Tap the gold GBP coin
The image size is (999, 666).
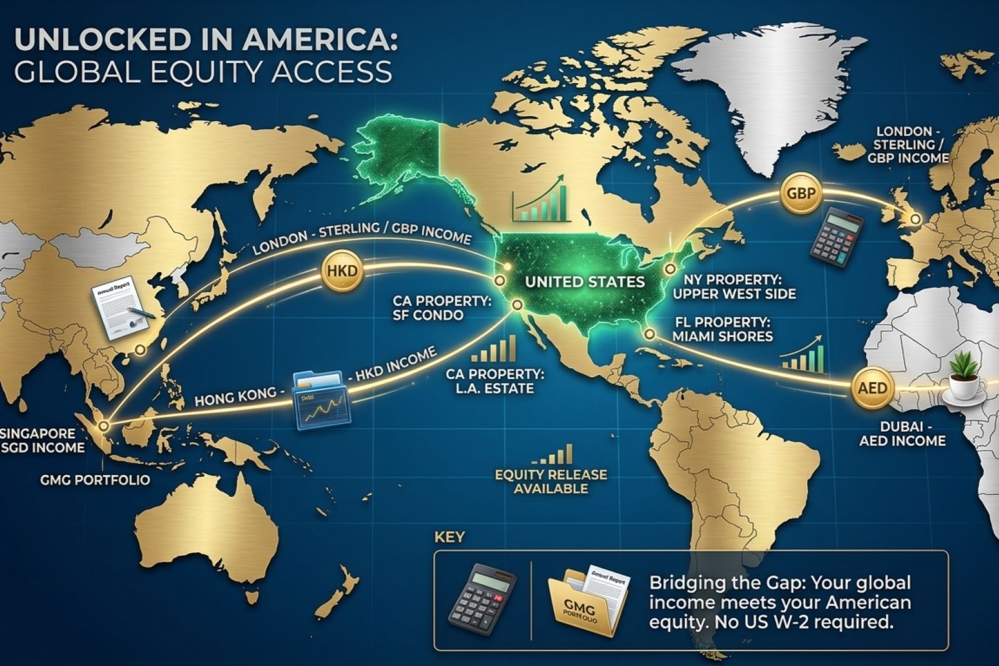(800, 193)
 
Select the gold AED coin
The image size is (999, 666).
(872, 388)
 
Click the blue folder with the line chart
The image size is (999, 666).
(322, 399)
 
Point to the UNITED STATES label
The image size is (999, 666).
(584, 282)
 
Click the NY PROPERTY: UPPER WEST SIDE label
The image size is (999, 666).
(734, 286)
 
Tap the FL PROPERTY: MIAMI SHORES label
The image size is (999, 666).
(722, 330)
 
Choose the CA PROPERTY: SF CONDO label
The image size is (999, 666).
(442, 308)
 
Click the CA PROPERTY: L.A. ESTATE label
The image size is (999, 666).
(495, 381)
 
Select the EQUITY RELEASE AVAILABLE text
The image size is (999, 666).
(551, 481)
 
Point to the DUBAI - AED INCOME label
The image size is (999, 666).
(902, 433)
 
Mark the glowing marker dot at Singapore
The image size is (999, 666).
(104, 426)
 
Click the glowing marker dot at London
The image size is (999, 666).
(915, 219)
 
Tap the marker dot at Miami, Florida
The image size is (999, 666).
(649, 335)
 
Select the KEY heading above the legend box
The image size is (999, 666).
(449, 537)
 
